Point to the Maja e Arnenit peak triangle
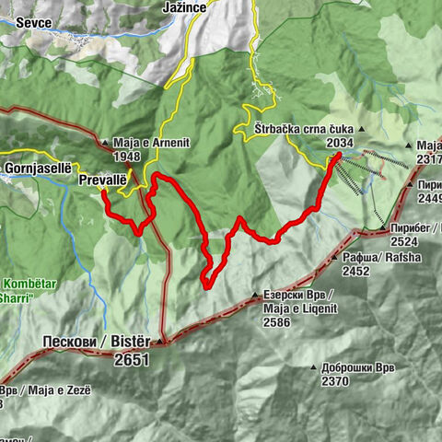pyautogui.click(x=107, y=145)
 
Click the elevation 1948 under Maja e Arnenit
pyautogui.click(x=130, y=158)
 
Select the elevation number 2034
pyautogui.click(x=339, y=143)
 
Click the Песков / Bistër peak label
pyautogui.click(x=96, y=343)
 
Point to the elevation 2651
pyautogui.click(x=132, y=360)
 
